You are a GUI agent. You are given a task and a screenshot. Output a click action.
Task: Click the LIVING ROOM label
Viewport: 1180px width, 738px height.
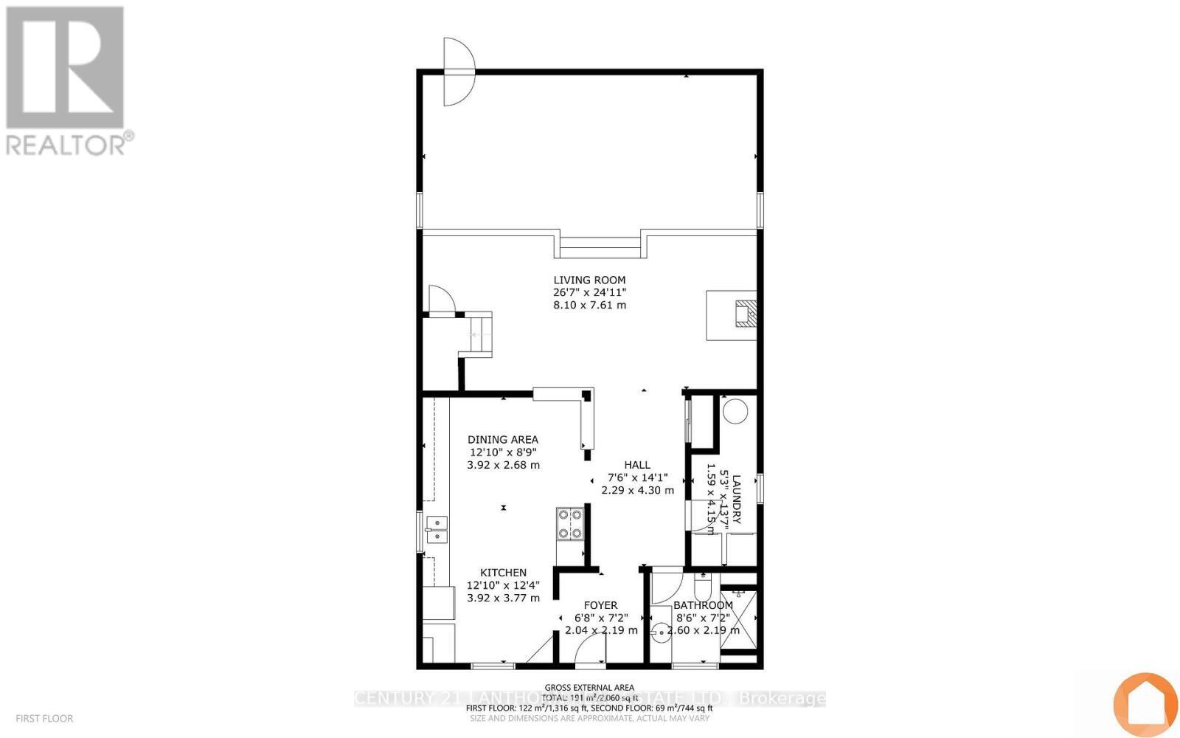click(x=589, y=280)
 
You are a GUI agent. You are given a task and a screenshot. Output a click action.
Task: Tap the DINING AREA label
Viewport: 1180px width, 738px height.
click(x=503, y=440)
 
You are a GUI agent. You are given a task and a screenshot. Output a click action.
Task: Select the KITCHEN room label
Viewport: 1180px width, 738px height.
click(x=503, y=573)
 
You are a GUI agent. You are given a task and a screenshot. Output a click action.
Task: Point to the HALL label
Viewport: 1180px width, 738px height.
click(x=637, y=465)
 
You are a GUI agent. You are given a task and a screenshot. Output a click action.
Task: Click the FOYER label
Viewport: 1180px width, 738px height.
click(x=600, y=605)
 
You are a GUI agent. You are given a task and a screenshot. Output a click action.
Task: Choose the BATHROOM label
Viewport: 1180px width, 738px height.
click(x=704, y=605)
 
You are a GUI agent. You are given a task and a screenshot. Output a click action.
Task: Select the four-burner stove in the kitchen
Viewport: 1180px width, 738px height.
click(x=569, y=523)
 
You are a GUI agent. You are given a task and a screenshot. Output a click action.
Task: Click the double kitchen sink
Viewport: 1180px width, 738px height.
click(x=437, y=528)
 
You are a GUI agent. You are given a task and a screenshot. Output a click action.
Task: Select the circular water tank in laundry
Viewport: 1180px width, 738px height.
click(x=735, y=411)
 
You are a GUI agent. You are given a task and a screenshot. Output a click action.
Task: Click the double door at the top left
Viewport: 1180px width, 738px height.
click(x=457, y=72)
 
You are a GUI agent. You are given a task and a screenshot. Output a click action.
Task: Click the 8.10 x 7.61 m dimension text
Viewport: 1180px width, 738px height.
click(x=589, y=305)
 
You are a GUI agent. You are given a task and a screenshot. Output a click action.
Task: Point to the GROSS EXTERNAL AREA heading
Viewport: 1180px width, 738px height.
click(x=589, y=687)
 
